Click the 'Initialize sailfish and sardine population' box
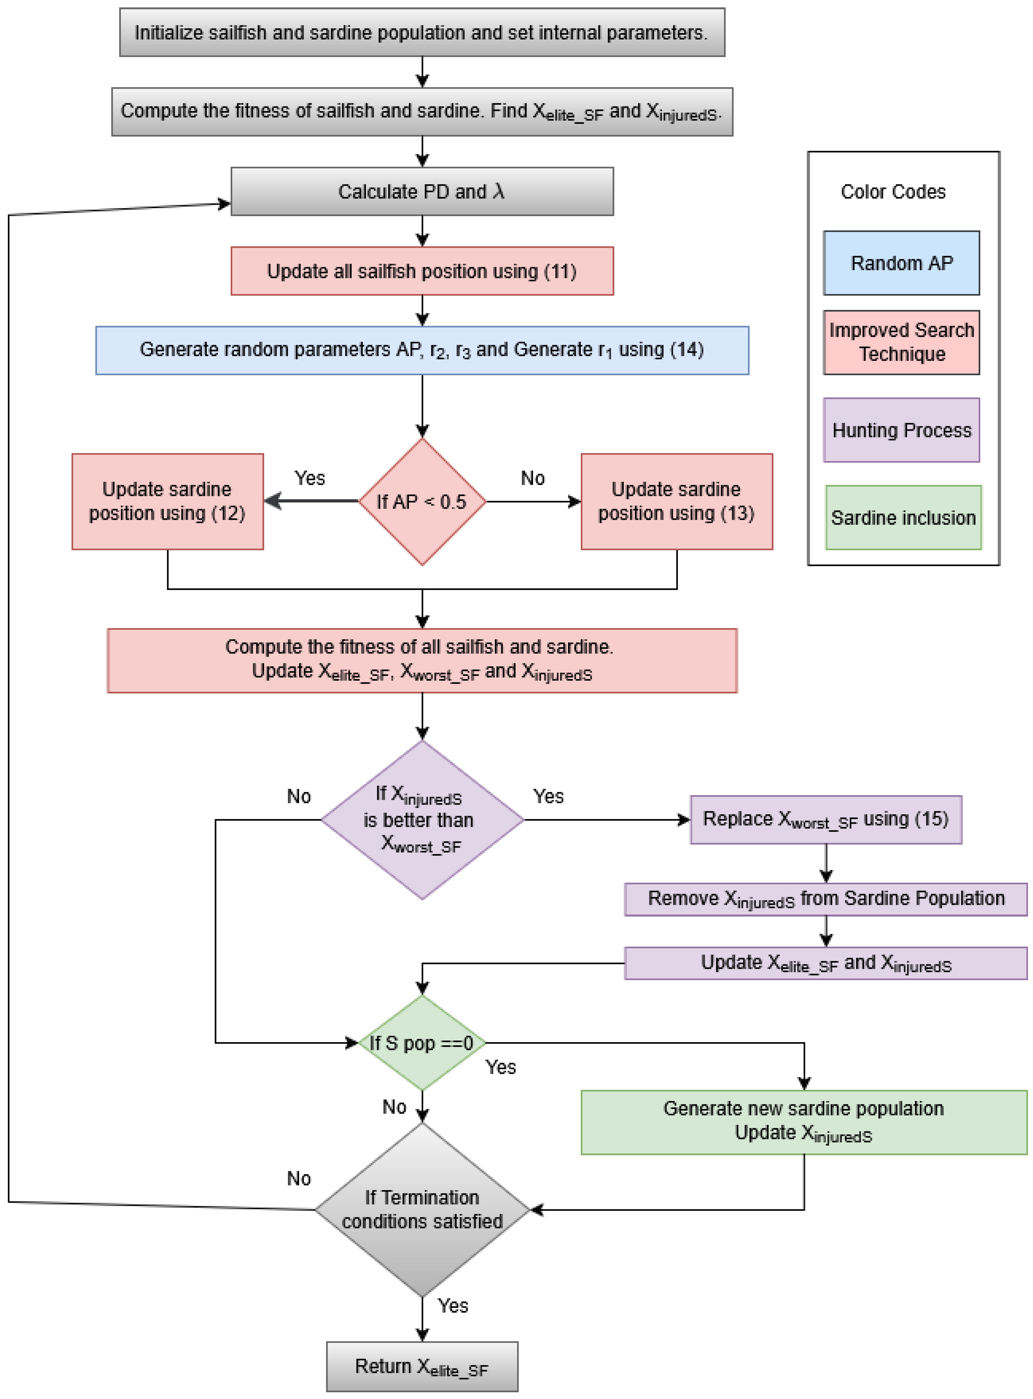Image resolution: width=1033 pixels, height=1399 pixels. coord(422,33)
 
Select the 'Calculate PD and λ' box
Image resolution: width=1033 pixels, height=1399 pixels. coord(422,191)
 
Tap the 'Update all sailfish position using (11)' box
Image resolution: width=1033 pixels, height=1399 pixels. coord(422,271)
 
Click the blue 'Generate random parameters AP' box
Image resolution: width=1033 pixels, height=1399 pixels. coord(422,350)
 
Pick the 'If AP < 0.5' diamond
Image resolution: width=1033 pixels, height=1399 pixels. coord(422,501)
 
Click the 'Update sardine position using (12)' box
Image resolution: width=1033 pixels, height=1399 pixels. coord(168,501)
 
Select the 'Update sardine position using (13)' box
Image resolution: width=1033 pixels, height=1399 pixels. coord(676,501)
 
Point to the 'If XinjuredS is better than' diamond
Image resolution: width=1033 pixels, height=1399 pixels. coord(422,820)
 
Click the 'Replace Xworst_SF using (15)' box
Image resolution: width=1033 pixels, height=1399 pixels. coord(826,820)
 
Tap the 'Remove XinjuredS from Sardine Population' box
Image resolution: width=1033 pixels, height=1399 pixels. coord(826,899)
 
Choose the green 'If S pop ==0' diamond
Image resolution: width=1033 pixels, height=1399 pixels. coord(422,1043)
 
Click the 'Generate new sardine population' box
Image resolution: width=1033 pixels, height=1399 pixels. coord(803,1122)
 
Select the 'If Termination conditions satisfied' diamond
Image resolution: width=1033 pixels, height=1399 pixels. coord(422,1210)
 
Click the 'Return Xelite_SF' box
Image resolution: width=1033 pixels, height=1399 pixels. coord(422,1366)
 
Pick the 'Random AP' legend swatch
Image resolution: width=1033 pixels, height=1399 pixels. coord(901,263)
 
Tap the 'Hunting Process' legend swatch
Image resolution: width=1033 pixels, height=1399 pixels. coord(901,430)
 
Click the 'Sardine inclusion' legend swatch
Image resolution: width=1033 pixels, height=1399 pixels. coord(903,518)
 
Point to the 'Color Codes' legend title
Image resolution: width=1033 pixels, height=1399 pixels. coord(893,191)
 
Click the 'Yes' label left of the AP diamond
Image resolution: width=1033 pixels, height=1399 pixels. coord(310,478)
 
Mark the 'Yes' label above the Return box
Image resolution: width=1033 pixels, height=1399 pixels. coord(453,1305)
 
